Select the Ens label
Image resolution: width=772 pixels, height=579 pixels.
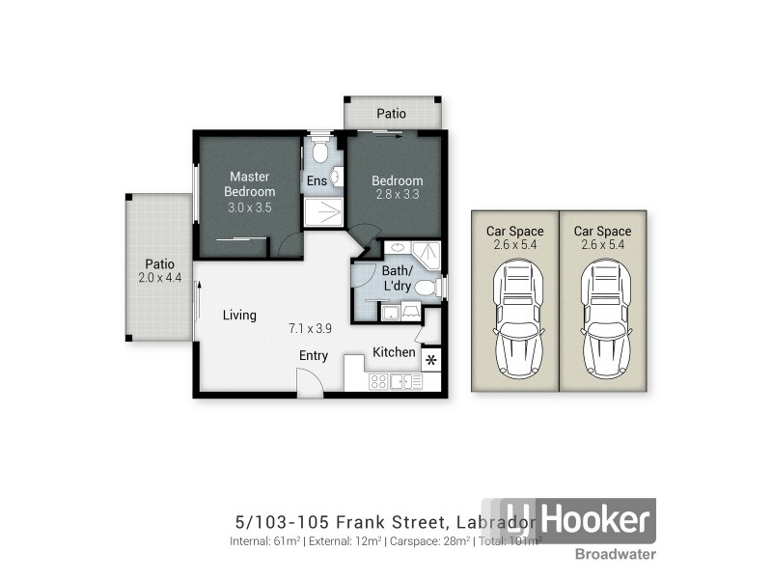pyautogui.click(x=317, y=180)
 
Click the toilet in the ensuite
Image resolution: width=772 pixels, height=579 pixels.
pyautogui.click(x=320, y=152)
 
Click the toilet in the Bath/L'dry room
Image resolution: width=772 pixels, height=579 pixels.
pyautogui.click(x=426, y=287)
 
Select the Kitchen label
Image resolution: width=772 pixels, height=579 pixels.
pyautogui.click(x=394, y=352)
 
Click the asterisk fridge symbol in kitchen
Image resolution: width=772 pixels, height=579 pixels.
pyautogui.click(x=431, y=361)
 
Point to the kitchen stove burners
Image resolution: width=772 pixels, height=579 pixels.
pyautogui.click(x=379, y=381)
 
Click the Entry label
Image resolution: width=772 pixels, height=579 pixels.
pyautogui.click(x=313, y=355)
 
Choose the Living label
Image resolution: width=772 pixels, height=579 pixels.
pyautogui.click(x=239, y=315)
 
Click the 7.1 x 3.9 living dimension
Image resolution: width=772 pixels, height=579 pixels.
pyautogui.click(x=312, y=328)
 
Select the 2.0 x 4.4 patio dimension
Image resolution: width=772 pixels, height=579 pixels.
pyautogui.click(x=159, y=278)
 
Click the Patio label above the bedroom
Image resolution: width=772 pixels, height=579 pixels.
pyautogui.click(x=391, y=114)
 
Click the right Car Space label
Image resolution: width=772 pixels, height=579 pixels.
pyautogui.click(x=601, y=231)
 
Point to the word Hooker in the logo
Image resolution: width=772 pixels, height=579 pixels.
pyautogui.click(x=593, y=521)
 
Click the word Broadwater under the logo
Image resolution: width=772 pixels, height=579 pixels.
pyautogui.click(x=616, y=554)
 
